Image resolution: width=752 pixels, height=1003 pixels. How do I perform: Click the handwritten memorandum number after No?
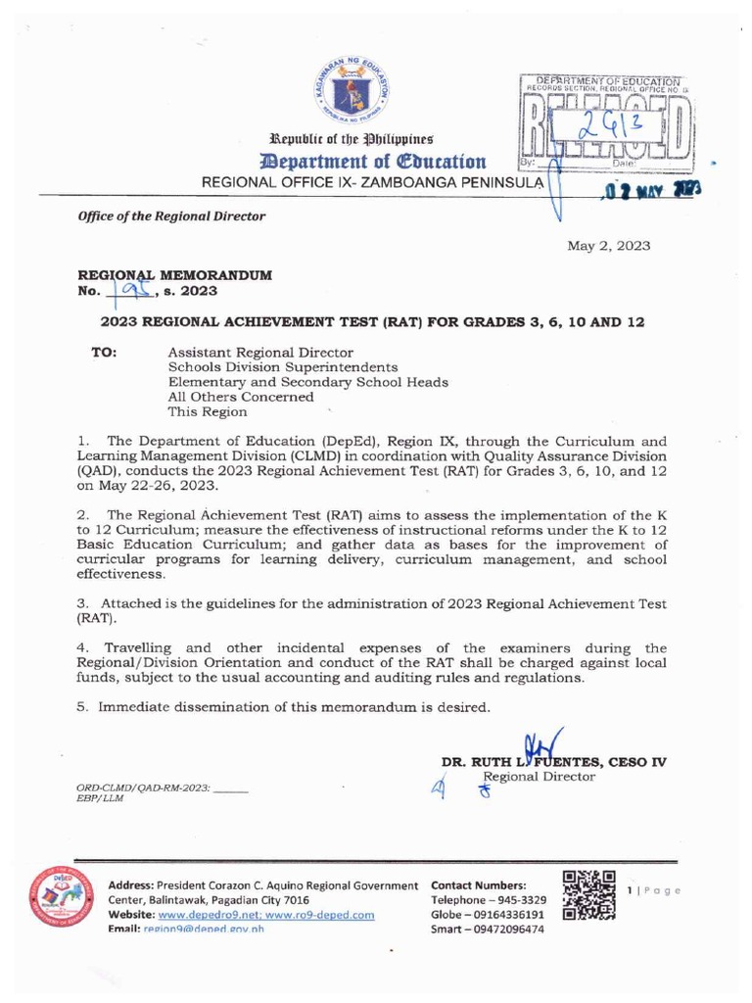click(130, 290)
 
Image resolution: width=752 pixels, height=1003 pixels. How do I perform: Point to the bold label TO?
click(105, 351)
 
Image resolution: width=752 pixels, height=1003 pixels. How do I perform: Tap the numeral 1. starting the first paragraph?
click(83, 441)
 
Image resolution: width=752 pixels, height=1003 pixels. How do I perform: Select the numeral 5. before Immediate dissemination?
click(83, 706)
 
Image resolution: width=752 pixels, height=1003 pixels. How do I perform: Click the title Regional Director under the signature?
click(540, 777)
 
